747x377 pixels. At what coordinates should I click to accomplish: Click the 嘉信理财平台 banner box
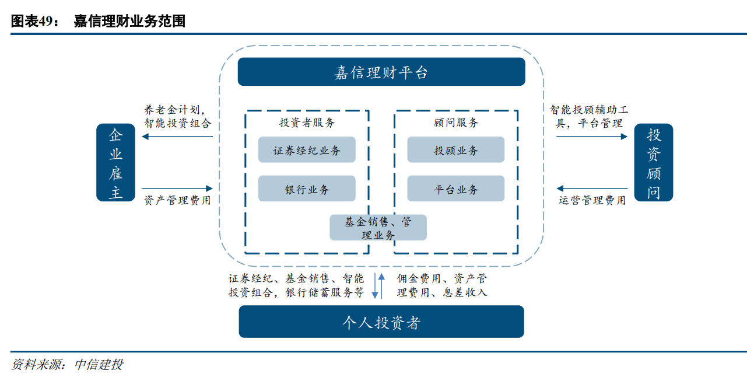tap(381, 72)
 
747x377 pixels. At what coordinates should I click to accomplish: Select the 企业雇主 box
tap(115, 163)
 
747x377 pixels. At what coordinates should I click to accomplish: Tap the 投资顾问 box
tap(653, 163)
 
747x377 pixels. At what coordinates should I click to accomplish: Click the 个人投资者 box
tap(381, 322)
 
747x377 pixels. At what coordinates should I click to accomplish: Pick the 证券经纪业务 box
tap(307, 150)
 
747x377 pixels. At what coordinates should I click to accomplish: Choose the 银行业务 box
tap(307, 189)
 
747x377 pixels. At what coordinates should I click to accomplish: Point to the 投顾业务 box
tap(455, 150)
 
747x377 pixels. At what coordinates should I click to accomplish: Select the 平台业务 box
tap(455, 189)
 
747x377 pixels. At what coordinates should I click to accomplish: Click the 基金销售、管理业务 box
tap(378, 228)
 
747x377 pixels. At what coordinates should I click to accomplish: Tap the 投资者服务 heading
tap(307, 123)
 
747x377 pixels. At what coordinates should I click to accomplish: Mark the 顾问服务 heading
tap(456, 123)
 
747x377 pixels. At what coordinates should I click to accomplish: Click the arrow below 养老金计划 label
tap(177, 137)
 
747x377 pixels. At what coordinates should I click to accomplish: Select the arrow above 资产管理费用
tap(177, 188)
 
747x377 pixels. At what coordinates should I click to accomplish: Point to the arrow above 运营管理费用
tap(592, 188)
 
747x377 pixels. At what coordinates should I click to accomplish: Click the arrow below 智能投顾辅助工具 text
tap(592, 137)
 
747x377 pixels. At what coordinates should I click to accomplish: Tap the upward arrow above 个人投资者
tap(381, 285)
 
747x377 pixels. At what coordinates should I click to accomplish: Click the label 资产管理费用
tap(177, 200)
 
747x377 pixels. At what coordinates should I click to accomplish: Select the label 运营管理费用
tap(592, 200)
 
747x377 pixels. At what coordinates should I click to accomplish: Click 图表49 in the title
tap(34, 22)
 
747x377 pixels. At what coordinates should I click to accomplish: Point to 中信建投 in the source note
tap(99, 365)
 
